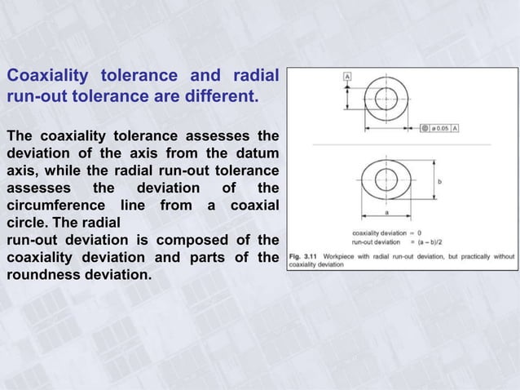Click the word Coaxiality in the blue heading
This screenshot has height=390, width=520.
tap(46, 77)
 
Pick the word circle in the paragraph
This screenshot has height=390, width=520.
tap(25, 222)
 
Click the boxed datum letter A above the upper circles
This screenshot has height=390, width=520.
tap(347, 77)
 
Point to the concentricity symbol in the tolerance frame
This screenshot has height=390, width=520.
tap(425, 128)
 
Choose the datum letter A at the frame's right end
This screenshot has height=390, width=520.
tap(454, 128)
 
